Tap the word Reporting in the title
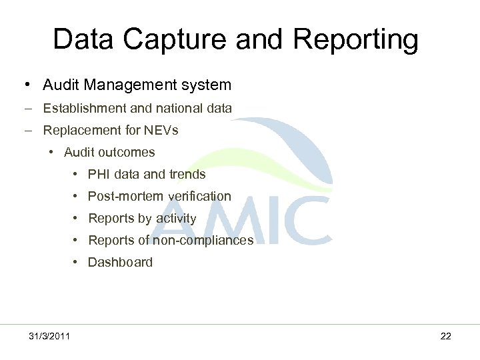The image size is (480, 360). point(355,39)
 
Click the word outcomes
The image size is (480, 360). point(129,152)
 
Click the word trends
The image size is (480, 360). point(187,174)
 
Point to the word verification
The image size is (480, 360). point(199,196)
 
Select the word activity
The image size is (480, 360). point(175,218)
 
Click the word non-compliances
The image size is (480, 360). point(203,240)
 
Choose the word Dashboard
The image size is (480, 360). point(120,262)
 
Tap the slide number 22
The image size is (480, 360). point(446,336)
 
